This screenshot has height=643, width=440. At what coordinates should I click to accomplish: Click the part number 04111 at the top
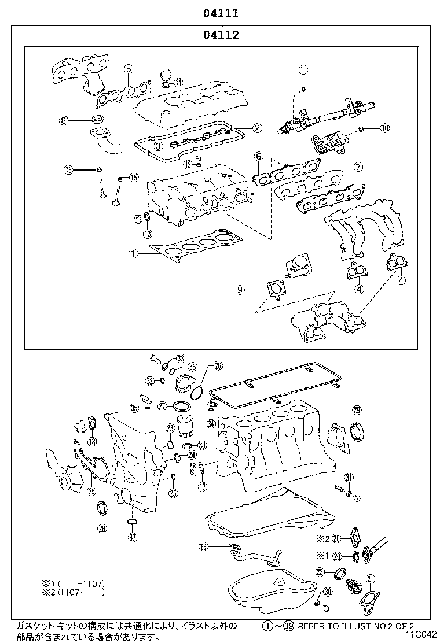click(221, 12)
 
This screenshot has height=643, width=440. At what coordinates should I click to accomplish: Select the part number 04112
click(221, 35)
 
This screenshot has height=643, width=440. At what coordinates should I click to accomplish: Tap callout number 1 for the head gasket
click(133, 253)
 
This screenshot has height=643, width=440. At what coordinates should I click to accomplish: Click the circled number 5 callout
click(129, 69)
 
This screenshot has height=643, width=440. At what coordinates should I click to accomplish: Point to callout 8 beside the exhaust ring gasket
click(64, 120)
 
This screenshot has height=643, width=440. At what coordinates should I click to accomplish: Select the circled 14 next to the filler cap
click(178, 83)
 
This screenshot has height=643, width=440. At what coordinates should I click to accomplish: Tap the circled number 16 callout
click(69, 169)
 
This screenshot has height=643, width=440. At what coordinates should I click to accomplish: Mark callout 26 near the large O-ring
click(218, 365)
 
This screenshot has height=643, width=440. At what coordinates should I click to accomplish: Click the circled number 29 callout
click(357, 410)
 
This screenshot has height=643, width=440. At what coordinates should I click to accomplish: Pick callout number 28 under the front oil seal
click(102, 528)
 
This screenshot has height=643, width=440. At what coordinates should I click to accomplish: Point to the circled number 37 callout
click(132, 537)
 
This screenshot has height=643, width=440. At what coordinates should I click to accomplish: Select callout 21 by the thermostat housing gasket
click(371, 579)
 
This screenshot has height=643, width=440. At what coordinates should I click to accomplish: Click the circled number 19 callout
click(203, 546)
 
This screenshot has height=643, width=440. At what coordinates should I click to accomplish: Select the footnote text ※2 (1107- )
click(72, 592)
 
